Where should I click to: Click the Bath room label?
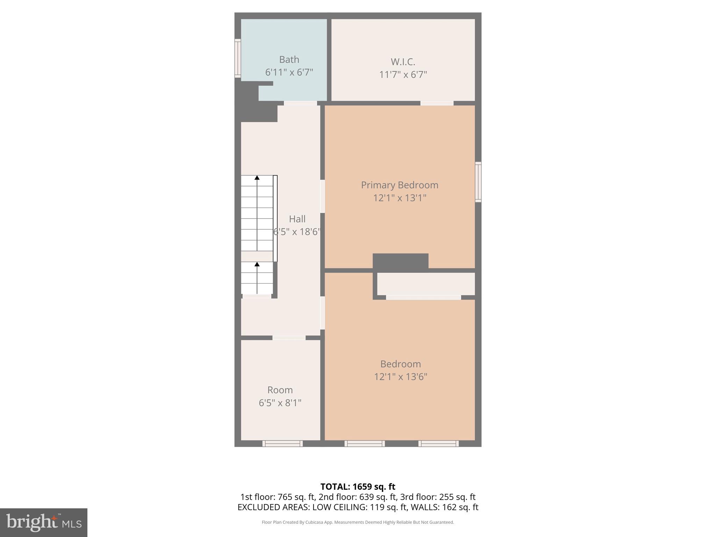click(x=289, y=60)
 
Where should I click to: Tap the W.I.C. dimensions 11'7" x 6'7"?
click(x=403, y=74)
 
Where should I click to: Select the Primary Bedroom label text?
click(x=399, y=185)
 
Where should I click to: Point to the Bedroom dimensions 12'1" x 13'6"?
click(x=400, y=377)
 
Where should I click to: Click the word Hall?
click(x=297, y=219)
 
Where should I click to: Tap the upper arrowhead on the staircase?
click(x=257, y=178)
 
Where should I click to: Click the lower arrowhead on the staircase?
click(x=257, y=264)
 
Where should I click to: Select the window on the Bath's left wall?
click(x=238, y=58)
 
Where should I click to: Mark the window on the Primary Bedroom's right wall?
click(x=478, y=182)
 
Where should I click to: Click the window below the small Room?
click(x=282, y=443)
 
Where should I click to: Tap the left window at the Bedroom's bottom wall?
click(x=365, y=443)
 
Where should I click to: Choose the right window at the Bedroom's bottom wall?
click(x=438, y=443)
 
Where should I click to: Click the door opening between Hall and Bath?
click(x=300, y=103)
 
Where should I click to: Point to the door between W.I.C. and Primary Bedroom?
click(x=437, y=103)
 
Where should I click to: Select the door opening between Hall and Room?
click(x=289, y=338)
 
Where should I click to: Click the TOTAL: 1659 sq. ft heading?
click(x=358, y=487)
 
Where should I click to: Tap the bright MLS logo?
click(x=43, y=523)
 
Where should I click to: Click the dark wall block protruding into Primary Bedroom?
click(x=400, y=261)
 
